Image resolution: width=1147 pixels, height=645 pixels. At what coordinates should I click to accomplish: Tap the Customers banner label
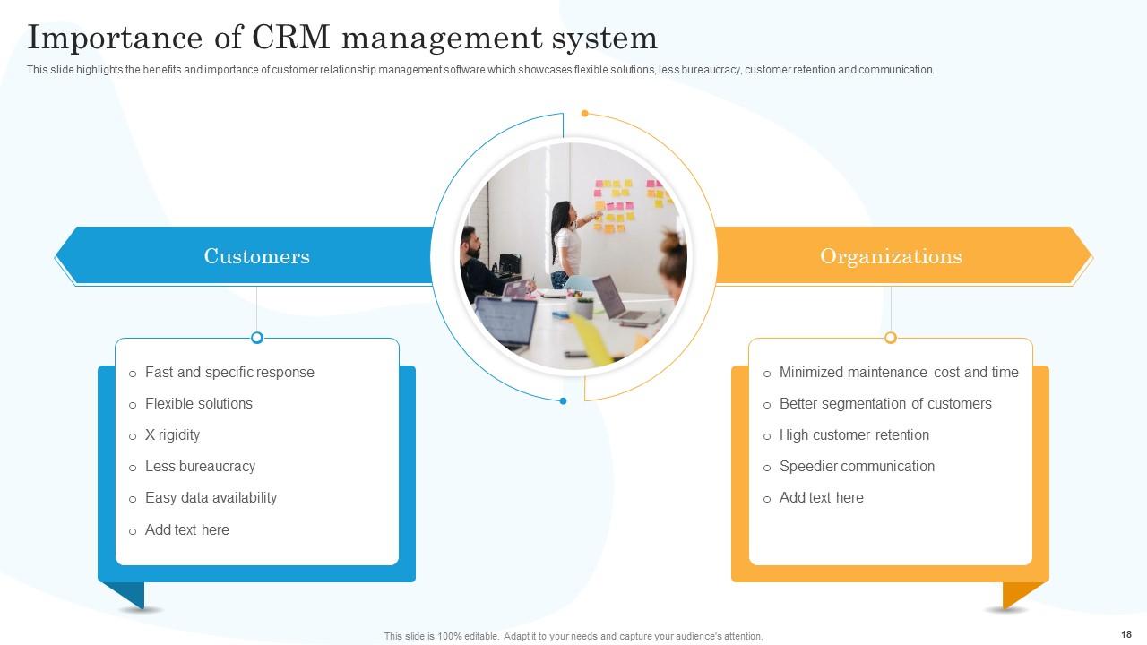(256, 256)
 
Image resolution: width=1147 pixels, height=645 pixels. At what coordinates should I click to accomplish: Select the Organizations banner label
(891, 256)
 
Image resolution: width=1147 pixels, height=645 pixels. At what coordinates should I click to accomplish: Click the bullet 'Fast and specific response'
(229, 373)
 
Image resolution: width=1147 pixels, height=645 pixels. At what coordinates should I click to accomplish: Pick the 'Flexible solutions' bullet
(199, 404)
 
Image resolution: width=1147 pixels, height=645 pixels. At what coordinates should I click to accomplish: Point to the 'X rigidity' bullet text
(172, 435)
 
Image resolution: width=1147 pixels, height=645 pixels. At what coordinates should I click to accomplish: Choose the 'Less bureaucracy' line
(200, 467)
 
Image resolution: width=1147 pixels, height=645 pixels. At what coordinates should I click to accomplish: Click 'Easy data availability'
(211, 498)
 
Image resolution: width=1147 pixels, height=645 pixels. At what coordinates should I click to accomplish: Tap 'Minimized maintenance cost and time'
(899, 373)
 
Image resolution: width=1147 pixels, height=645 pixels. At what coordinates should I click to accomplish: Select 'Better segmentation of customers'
(885, 404)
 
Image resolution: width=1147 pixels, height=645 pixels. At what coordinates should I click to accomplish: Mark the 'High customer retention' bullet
(854, 435)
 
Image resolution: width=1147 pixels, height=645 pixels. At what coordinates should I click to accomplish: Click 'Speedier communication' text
(857, 467)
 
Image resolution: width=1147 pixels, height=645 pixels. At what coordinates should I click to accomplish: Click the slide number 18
(1125, 633)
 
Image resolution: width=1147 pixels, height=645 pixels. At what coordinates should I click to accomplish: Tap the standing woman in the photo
(565, 242)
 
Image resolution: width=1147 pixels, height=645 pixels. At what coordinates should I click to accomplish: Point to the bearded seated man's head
(470, 241)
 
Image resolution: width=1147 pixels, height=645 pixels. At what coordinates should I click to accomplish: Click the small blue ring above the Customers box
(257, 338)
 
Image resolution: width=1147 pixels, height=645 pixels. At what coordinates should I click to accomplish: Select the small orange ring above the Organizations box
(891, 338)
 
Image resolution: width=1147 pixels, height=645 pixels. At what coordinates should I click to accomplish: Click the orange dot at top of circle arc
(585, 114)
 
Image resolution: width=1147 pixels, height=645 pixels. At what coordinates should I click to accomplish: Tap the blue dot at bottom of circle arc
(563, 401)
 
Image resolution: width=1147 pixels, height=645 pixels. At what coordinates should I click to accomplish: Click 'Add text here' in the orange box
(821, 498)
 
